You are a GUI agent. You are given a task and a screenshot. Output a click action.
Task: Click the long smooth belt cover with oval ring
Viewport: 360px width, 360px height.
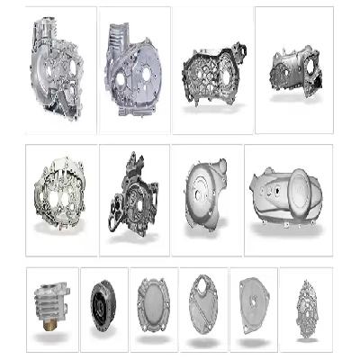pos(288,193)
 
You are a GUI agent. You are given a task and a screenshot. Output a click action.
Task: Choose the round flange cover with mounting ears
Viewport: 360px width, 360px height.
pos(152,304)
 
